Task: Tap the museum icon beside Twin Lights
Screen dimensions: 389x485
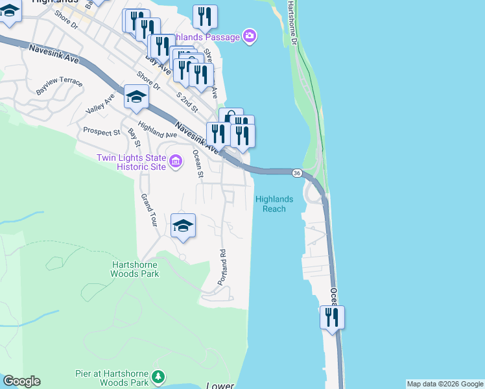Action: (x=176, y=162)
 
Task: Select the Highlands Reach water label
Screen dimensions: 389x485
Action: (x=274, y=204)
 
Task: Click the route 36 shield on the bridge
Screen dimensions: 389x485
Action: (x=296, y=173)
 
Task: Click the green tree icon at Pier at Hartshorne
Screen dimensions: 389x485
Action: (x=158, y=377)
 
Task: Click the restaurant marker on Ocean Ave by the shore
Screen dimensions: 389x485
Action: (x=332, y=318)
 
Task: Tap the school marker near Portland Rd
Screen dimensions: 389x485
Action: (x=183, y=226)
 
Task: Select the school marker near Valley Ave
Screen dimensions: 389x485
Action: (x=136, y=97)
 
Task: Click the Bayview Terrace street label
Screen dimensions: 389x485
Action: (x=59, y=87)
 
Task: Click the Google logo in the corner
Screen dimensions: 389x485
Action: (x=21, y=381)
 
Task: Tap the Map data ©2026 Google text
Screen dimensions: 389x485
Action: (x=444, y=384)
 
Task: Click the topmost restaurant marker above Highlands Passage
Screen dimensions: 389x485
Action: (x=205, y=17)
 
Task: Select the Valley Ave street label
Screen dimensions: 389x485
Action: (x=100, y=104)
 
